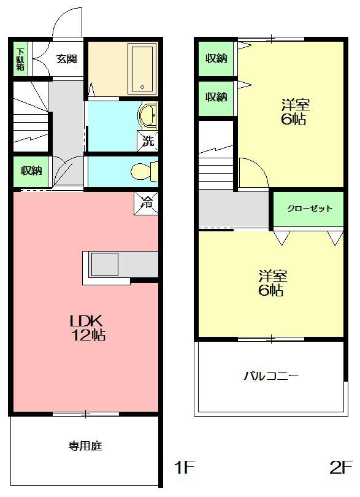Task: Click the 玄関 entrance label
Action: [66, 59]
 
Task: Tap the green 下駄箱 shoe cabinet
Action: [21, 59]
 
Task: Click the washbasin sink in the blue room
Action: [147, 115]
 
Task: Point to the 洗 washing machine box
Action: [148, 141]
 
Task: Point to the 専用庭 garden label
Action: [85, 446]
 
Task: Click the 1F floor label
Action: [185, 468]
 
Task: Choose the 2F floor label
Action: [341, 468]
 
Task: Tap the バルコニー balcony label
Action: [271, 376]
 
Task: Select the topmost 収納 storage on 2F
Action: [216, 59]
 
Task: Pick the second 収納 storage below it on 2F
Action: [216, 97]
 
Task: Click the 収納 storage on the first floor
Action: [31, 171]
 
